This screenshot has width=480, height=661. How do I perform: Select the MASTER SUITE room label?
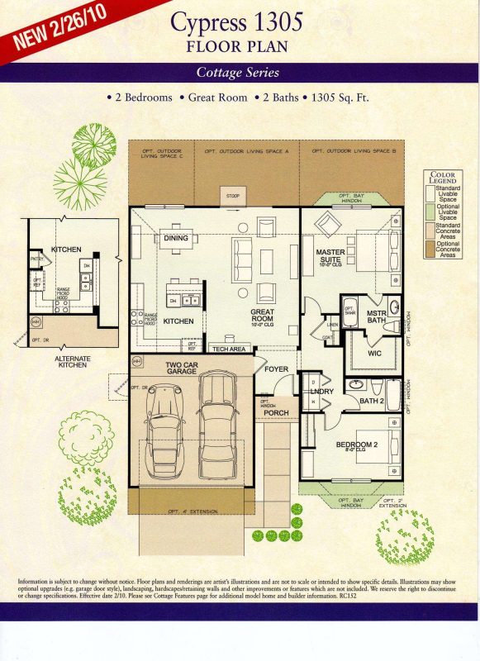330,256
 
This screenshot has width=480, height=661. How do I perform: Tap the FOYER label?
275,369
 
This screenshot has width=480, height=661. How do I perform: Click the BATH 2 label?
371,402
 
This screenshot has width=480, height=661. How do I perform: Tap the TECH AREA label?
228,350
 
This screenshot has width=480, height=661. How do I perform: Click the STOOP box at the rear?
232,197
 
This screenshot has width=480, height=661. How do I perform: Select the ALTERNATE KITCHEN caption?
61,362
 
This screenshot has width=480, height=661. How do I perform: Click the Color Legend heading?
443,178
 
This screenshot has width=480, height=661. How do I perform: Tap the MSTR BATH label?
377,318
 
